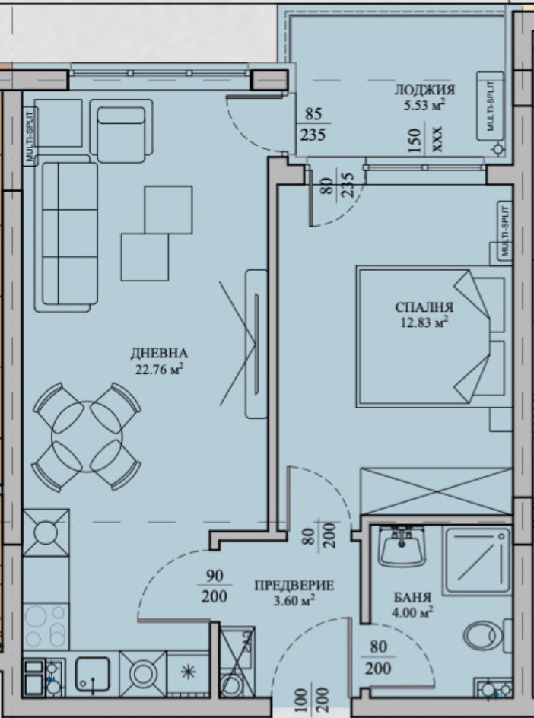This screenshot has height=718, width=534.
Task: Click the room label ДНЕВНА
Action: tap(159, 353)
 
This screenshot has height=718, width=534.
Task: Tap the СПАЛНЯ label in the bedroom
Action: tap(424, 307)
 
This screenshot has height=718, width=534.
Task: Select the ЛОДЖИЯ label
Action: tap(424, 90)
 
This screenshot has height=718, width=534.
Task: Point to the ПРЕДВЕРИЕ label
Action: tap(294, 586)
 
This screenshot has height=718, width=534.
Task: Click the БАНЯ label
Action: tap(412, 597)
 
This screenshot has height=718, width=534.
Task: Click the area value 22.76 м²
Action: tap(160, 369)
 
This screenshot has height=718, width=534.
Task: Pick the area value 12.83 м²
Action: tap(424, 322)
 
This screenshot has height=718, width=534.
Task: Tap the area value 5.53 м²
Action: tap(424, 105)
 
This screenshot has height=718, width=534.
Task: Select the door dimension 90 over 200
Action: tap(215, 586)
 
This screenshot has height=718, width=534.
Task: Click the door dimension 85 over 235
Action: tap(313, 124)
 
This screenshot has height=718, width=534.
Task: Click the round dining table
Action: tap(87, 437)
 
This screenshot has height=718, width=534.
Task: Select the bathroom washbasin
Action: tap(402, 546)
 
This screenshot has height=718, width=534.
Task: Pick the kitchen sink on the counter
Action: tap(93, 675)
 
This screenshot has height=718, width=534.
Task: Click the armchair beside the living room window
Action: tap(121, 131)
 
